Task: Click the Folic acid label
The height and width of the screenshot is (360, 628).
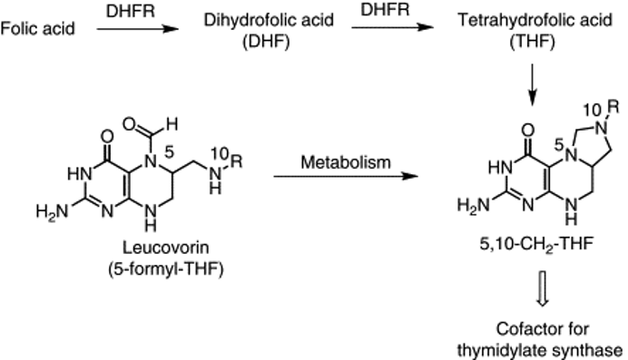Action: (x=37, y=29)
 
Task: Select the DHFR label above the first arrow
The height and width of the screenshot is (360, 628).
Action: (x=131, y=11)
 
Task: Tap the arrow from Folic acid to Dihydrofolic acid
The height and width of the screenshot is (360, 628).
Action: (x=137, y=28)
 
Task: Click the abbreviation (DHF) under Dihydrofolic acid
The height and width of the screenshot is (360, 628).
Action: (x=266, y=41)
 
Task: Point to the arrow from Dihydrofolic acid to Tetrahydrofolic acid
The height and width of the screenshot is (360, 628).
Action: (x=392, y=27)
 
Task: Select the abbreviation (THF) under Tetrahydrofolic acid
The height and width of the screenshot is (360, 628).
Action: (x=533, y=41)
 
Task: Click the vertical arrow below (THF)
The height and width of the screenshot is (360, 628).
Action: (x=533, y=85)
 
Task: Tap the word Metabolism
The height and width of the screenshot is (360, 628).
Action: (x=346, y=162)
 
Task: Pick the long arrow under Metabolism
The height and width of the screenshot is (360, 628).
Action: (x=346, y=176)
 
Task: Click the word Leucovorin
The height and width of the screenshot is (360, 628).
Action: (x=165, y=248)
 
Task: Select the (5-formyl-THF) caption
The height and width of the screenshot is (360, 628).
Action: (x=165, y=268)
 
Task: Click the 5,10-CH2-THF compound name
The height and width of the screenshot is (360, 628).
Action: (x=535, y=244)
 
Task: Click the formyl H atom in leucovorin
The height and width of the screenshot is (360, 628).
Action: (x=172, y=124)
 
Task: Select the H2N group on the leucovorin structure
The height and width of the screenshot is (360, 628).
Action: (x=52, y=210)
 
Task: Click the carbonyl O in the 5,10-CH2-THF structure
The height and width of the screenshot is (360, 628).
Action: (x=528, y=131)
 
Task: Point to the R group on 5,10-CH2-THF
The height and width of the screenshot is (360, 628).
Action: (x=613, y=107)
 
